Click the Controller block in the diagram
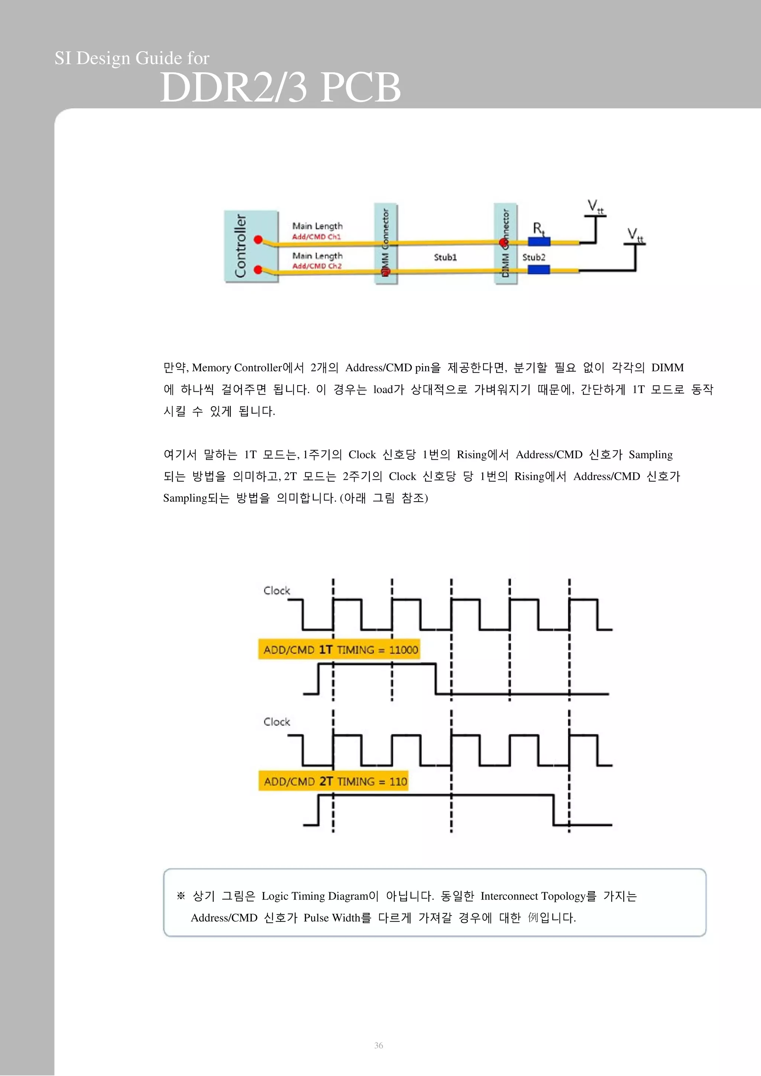pos(251,247)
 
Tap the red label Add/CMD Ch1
pos(317,237)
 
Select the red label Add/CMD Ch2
pos(317,266)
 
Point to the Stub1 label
pos(445,257)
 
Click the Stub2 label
pos(534,257)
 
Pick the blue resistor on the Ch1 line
pos(539,242)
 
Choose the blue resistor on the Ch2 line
pos(539,270)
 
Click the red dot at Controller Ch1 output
pos(258,239)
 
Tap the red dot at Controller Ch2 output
pos(258,270)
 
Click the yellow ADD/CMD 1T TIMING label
pos(339,649)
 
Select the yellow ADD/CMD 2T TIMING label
pos(333,781)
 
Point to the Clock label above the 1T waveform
pos(276,590)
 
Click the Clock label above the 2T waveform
pos(276,722)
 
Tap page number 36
pos(378,1045)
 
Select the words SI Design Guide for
pos(132,58)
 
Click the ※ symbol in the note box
pos(181,896)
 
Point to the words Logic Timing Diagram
pos(314,896)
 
